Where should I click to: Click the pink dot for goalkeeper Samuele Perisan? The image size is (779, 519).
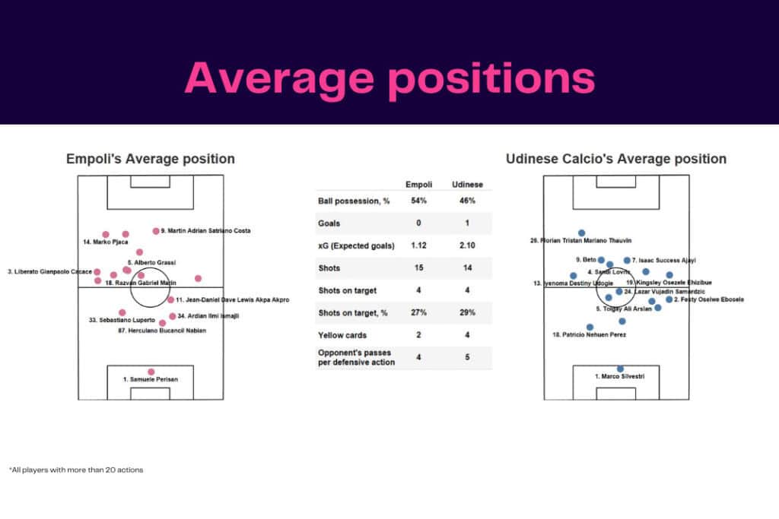(x=151, y=372)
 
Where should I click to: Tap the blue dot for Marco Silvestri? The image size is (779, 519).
(x=620, y=369)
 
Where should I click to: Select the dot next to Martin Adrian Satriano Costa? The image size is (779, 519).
(x=156, y=231)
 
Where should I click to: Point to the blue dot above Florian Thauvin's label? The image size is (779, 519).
(x=581, y=233)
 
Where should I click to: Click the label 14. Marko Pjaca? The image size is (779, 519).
(x=106, y=242)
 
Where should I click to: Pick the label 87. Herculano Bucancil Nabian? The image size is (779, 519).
(x=162, y=331)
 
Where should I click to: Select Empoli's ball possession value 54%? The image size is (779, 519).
(x=418, y=201)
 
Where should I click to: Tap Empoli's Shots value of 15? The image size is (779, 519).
(x=418, y=268)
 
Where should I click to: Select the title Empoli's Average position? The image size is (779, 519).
(x=150, y=159)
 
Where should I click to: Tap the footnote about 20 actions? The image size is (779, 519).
(x=76, y=470)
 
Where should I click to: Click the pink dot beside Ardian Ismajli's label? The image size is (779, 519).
(x=172, y=316)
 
